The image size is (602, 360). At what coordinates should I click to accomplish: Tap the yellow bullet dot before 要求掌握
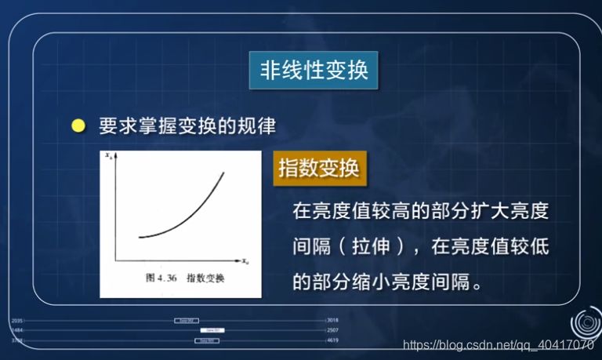(78, 125)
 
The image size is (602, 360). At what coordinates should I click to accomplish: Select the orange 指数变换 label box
(318, 169)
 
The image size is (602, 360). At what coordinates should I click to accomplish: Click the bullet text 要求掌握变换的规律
(187, 125)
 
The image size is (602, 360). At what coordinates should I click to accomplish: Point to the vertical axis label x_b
(109, 157)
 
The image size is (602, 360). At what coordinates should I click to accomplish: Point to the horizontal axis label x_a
(245, 260)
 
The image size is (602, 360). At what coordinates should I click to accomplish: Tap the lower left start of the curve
(139, 236)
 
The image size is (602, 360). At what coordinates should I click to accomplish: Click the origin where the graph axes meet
(116, 260)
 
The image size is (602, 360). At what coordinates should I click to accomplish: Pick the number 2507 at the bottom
(332, 331)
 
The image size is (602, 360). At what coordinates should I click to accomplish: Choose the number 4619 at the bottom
(332, 341)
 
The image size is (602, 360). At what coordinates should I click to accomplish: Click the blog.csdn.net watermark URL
(498, 345)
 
